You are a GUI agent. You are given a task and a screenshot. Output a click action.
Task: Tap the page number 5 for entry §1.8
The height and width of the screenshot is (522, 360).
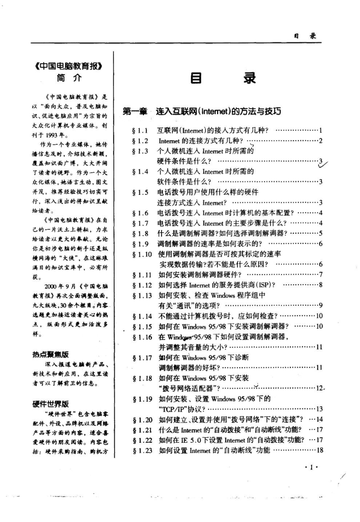click(321, 233)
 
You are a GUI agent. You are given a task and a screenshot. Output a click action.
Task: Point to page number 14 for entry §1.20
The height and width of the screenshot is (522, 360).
click(319, 419)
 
